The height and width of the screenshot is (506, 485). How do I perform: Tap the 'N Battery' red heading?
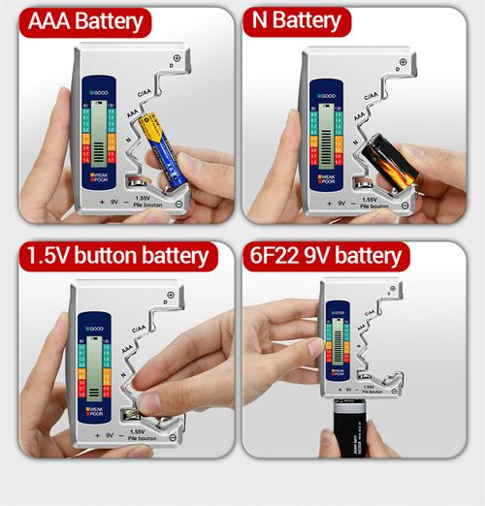[296, 21]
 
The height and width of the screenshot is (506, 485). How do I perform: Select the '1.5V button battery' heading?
[116, 256]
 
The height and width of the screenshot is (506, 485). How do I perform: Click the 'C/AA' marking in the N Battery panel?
[371, 96]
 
